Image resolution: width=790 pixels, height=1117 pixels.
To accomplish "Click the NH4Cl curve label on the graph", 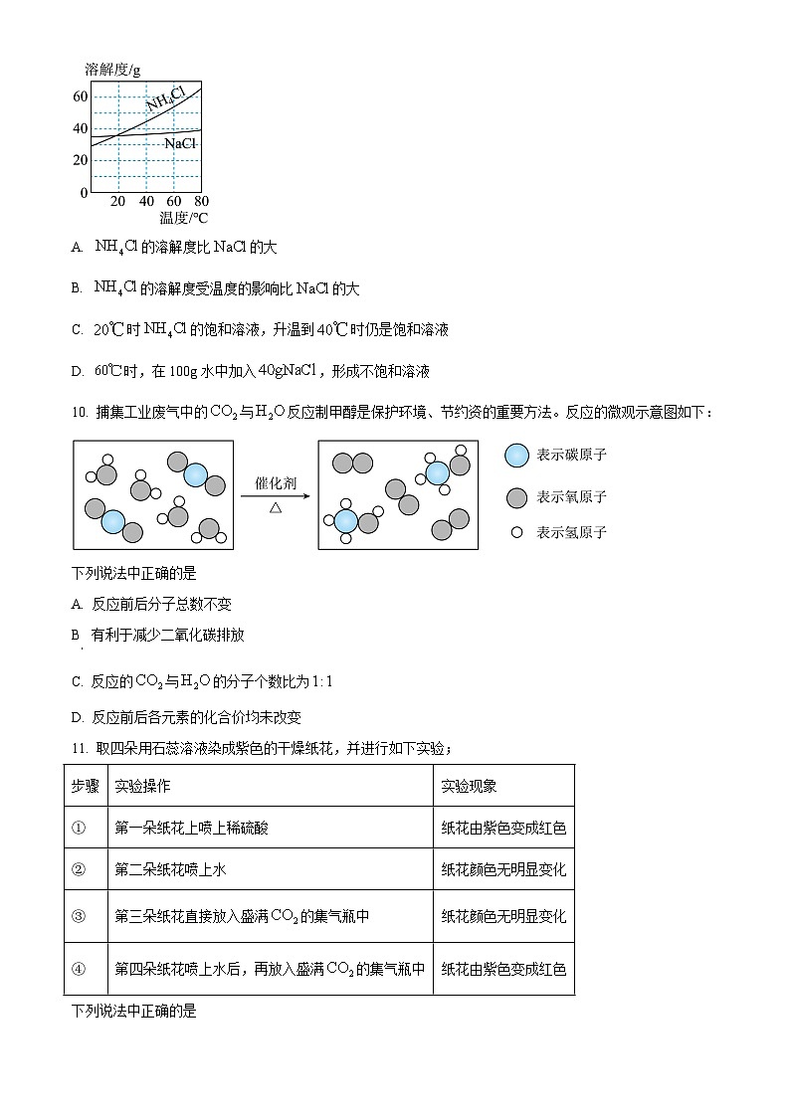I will point(165,99).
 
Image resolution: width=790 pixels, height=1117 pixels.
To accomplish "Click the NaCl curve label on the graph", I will point(180,144).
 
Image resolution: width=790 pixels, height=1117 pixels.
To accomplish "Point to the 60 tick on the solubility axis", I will point(81,96).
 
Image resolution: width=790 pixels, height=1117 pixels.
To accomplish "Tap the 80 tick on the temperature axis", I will point(201,201).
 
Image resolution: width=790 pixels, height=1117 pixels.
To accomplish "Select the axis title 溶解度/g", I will point(112,70).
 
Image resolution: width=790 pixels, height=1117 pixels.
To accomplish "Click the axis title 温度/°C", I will point(183,218).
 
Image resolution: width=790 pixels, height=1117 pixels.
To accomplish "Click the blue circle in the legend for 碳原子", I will point(516,456).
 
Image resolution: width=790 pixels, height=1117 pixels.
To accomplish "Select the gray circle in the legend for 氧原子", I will point(516,496).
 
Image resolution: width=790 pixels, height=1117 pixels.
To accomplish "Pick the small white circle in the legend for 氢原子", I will point(516,532).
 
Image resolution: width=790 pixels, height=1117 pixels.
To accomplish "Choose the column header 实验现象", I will point(469,786).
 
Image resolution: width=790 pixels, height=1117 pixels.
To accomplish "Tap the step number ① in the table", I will point(80,828).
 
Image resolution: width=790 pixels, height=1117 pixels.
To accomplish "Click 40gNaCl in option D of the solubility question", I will point(287,371).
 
